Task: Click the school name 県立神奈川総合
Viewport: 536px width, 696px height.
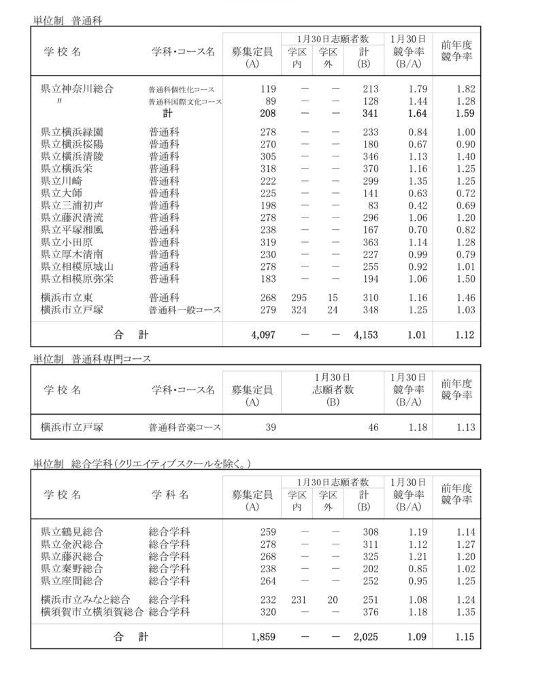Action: (x=77, y=88)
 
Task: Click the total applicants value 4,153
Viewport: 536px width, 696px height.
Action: (x=361, y=335)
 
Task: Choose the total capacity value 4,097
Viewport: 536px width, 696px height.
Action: (x=261, y=335)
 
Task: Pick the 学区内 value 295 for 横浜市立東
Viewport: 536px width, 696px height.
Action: (x=297, y=297)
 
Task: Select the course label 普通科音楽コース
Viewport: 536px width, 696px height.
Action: (x=185, y=428)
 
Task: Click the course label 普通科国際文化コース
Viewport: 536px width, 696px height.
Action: (x=185, y=101)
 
